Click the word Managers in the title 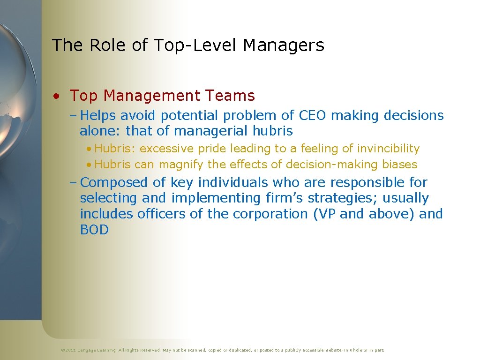(x=284, y=45)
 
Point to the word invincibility (x=388, y=149)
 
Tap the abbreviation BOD (x=94, y=230)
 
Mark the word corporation (x=270, y=214)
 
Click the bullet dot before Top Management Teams (x=56, y=97)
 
